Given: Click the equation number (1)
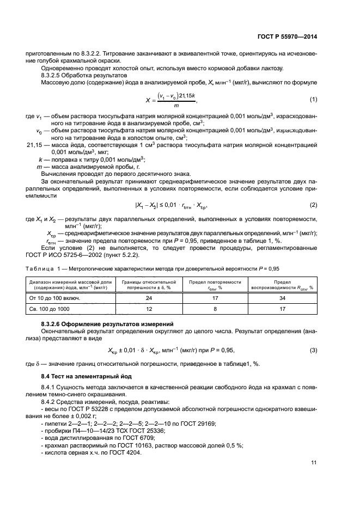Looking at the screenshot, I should pyautogui.click(x=314, y=99).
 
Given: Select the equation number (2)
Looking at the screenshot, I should pyautogui.click(x=314, y=205).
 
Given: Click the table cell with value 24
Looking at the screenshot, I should pyautogui.click(x=149, y=298).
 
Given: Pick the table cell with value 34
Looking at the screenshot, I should pyautogui.click(x=282, y=298).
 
